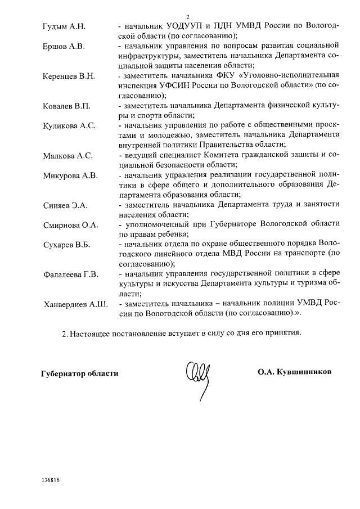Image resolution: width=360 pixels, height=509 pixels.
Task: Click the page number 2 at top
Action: tap(188, 17)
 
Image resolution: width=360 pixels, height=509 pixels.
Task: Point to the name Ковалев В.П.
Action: tap(66, 106)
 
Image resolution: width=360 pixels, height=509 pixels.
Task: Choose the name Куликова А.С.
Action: tap(69, 126)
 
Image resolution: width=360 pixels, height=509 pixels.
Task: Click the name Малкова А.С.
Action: tap(67, 156)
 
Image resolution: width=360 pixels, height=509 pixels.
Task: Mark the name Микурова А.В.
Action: tap(70, 175)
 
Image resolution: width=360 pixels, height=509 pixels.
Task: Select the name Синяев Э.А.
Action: tap(65, 205)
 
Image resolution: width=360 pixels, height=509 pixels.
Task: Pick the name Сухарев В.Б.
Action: tap(66, 245)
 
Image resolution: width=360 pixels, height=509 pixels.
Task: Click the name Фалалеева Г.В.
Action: tap(71, 274)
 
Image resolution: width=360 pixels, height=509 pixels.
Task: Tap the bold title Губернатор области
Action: tap(79, 373)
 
